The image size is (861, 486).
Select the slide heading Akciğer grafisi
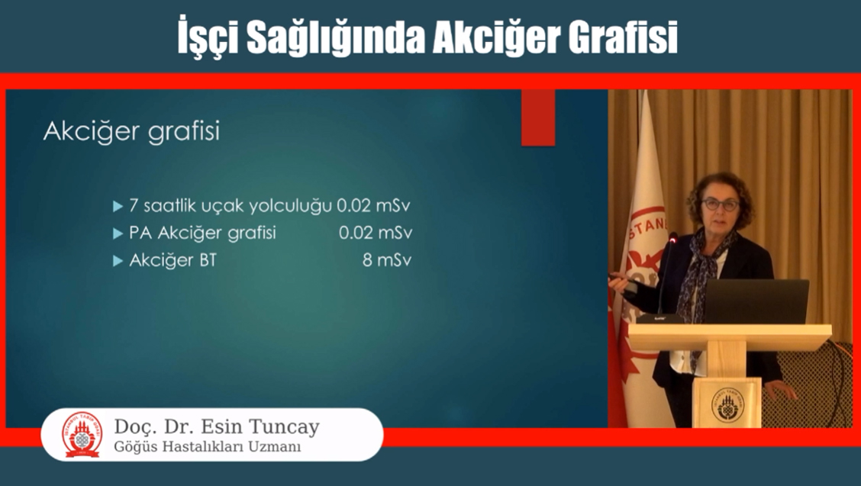pyautogui.click(x=132, y=132)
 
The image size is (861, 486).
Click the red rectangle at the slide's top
pyautogui.click(x=538, y=117)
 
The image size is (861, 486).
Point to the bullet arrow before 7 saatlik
pyautogui.click(x=118, y=207)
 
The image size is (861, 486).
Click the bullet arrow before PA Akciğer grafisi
pyautogui.click(x=118, y=233)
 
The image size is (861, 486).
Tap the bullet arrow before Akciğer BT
pyautogui.click(x=118, y=260)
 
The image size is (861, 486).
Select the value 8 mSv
pyautogui.click(x=386, y=259)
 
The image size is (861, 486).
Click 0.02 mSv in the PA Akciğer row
pyautogui.click(x=375, y=233)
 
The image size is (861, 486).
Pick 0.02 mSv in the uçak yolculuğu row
pyautogui.click(x=373, y=206)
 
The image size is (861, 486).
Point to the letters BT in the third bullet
pyautogui.click(x=208, y=259)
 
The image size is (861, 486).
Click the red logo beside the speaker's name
pyautogui.click(x=82, y=434)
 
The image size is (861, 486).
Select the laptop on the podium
pyautogui.click(x=756, y=301)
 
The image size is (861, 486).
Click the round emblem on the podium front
pyautogui.click(x=727, y=404)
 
